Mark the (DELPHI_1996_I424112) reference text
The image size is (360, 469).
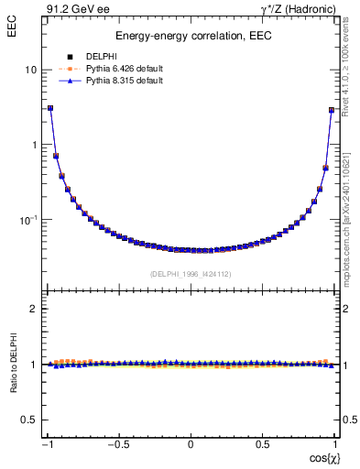point(191,273)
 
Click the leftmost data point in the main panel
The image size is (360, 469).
point(50,107)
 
